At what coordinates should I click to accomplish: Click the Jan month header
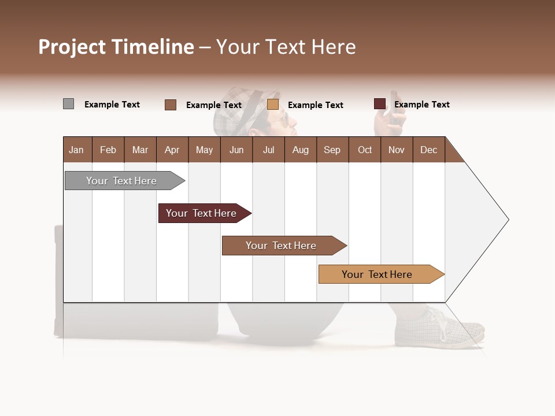(x=76, y=150)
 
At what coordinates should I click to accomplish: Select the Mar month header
(x=140, y=150)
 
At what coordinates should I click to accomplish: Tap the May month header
(x=204, y=150)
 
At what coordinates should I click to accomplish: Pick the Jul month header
(x=268, y=150)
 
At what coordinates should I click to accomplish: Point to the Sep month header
(x=332, y=150)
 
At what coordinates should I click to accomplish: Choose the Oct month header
(x=365, y=150)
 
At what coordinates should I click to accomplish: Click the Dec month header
(x=428, y=150)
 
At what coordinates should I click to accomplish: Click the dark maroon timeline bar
(x=202, y=213)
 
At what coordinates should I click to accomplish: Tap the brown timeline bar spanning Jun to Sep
(x=282, y=246)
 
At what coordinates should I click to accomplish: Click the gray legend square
(x=68, y=104)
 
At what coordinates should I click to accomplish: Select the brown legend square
(x=171, y=105)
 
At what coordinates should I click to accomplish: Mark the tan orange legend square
(x=273, y=105)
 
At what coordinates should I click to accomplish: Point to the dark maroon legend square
(x=380, y=104)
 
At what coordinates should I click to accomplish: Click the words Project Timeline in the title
(x=116, y=47)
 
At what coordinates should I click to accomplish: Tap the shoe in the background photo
(x=439, y=328)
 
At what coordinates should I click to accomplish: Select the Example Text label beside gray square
(x=112, y=105)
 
